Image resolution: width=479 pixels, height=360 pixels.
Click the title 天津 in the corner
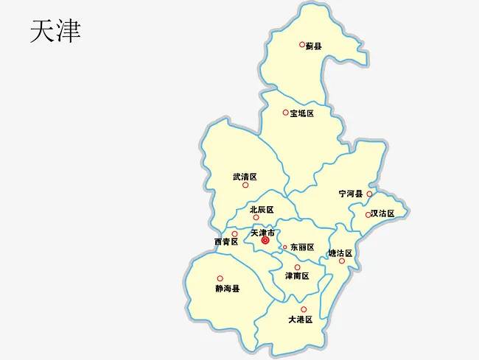point(55,31)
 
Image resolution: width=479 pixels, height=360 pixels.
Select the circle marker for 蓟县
point(302,44)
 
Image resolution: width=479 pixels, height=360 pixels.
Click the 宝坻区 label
point(302,113)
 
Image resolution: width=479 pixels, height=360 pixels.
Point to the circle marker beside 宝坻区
point(286,113)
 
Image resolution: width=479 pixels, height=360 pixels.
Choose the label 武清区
point(244,177)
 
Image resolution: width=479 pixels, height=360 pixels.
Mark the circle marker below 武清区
point(245,185)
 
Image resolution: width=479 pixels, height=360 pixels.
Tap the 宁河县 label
point(351,194)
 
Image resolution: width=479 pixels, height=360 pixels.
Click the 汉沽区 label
point(382,213)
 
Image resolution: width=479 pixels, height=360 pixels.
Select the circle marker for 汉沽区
point(368,215)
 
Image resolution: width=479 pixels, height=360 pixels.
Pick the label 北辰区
point(262,209)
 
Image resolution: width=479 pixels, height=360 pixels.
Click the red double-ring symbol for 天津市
point(265,240)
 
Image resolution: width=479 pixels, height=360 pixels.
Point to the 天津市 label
point(263,233)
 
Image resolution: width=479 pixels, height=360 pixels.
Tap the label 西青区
point(225,241)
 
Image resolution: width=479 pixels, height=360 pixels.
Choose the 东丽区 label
point(302,247)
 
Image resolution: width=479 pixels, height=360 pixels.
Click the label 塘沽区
point(340,253)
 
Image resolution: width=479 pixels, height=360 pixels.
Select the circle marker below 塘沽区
point(341,261)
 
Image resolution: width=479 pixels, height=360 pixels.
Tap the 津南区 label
point(296,276)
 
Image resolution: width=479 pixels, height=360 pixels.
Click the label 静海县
point(228,289)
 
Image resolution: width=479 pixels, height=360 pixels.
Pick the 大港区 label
point(301,320)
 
